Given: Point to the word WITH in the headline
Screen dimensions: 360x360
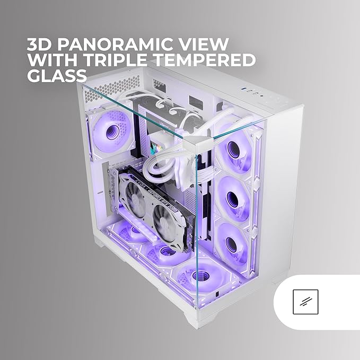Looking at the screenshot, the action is pyautogui.click(x=52, y=60).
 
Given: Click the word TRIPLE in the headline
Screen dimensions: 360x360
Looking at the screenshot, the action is pyautogui.click(x=116, y=60).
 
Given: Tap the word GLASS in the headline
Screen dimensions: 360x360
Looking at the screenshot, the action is pyautogui.click(x=57, y=75).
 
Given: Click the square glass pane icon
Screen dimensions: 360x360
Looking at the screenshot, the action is pyautogui.click(x=305, y=302).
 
